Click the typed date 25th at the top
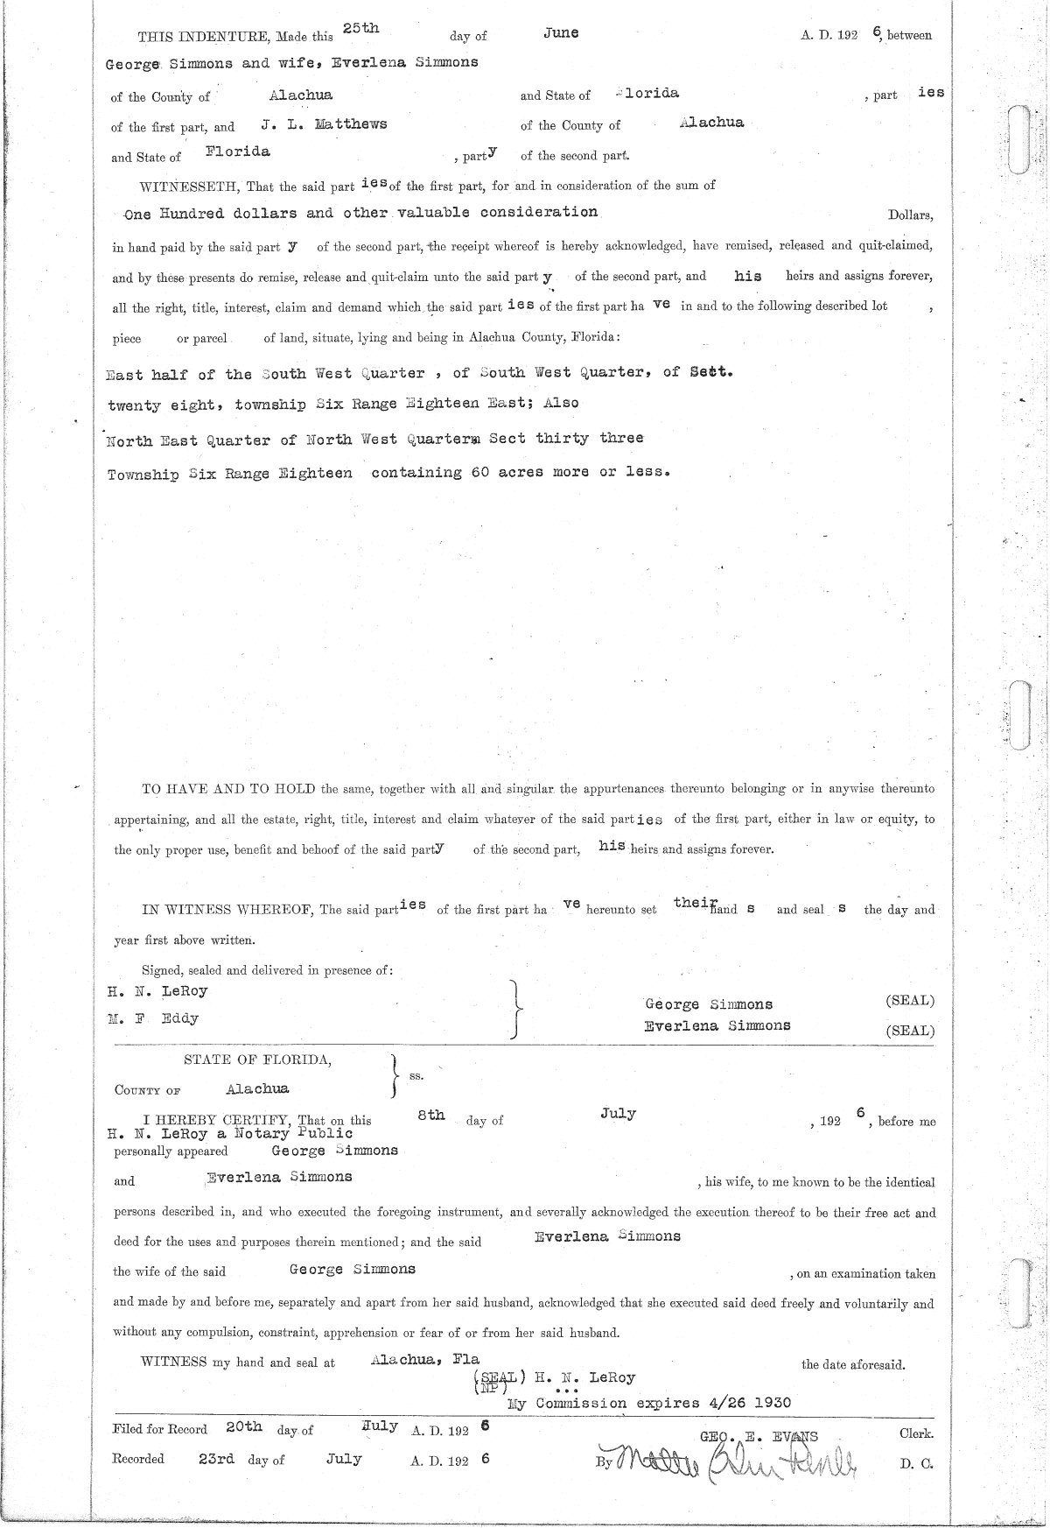click(360, 29)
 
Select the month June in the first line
click(561, 33)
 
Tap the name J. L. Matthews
click(324, 124)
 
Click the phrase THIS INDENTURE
click(205, 36)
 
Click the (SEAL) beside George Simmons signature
click(909, 1001)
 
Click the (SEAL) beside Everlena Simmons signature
click(909, 1032)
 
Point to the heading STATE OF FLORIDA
click(257, 1060)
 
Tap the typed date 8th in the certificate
click(431, 1116)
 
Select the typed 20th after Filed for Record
click(243, 1426)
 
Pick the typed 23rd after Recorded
click(216, 1459)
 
